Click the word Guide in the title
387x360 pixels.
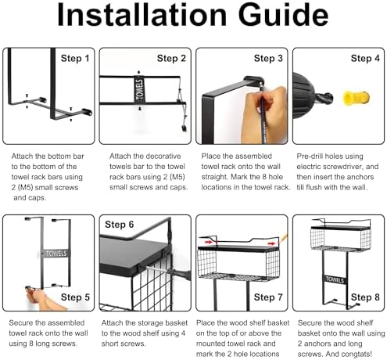pos(283,16)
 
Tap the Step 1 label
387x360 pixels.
pos(75,59)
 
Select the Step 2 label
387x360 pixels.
pos(171,59)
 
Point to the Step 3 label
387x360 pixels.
pos(268,59)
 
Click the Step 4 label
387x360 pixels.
pos(365,59)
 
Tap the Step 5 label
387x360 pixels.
pos(75,297)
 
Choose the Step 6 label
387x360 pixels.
pos(119,225)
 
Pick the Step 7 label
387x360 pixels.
pos(268,297)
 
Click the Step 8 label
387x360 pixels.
pos(365,297)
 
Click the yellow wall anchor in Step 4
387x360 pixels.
pos(356,98)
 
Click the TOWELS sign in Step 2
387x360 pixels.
pos(139,90)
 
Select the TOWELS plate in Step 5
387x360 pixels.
pos(56,254)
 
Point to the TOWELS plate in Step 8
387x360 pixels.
pos(335,279)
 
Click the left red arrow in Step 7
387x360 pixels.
pos(209,242)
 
